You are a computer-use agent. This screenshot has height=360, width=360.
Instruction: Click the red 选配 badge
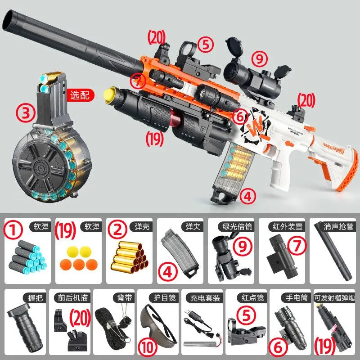click(80, 95)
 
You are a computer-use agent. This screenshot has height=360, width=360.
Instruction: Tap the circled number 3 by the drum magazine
click(26, 113)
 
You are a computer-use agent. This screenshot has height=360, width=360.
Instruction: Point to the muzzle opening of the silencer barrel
click(9, 20)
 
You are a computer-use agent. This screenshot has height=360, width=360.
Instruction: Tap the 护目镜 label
click(165, 298)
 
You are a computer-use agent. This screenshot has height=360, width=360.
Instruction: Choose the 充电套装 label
click(205, 298)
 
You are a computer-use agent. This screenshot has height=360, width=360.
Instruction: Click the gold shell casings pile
click(130, 257)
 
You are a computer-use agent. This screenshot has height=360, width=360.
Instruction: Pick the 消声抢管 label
click(338, 227)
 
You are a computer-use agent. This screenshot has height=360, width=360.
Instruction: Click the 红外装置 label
click(288, 227)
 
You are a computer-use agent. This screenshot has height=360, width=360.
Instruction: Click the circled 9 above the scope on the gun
click(259, 58)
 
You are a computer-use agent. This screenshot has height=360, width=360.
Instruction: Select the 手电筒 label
click(297, 298)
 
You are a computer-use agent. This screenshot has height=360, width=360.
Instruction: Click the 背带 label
click(125, 298)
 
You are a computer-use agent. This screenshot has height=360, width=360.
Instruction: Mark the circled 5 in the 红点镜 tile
click(246, 315)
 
